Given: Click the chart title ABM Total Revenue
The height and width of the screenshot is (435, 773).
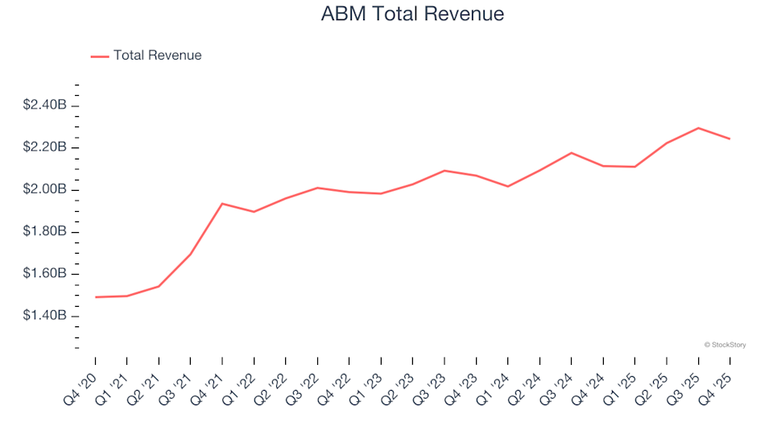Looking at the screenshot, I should [411, 14].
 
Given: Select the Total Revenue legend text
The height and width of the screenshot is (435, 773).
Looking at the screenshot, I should [157, 56].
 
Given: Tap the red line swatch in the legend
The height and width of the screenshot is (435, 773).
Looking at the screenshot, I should [100, 56].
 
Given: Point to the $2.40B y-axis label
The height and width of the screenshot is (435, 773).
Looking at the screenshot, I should [45, 106].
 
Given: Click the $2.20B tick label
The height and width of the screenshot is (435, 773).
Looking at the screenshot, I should [45, 147].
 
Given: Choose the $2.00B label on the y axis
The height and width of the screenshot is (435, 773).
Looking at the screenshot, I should [45, 190].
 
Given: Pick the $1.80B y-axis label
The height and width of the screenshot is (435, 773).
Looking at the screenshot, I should [45, 232].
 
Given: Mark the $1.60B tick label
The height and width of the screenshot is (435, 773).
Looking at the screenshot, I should [45, 274].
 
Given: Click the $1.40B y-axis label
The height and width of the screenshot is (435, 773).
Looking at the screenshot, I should [45, 316].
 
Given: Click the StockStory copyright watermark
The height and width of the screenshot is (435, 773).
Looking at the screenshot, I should [725, 345].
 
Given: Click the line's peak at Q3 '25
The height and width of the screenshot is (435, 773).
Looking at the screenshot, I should [698, 128].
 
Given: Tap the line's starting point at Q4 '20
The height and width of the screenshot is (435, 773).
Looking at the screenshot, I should [95, 297].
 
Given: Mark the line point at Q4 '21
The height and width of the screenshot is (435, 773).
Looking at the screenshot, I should [222, 204].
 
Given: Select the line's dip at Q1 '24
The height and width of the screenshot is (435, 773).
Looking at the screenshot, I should [507, 186].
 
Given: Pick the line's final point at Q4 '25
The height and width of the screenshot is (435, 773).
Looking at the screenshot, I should [730, 139].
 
